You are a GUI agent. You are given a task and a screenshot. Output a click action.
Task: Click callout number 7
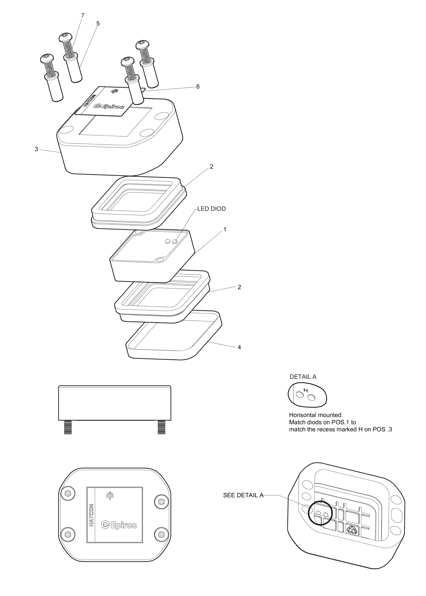pos(83,15)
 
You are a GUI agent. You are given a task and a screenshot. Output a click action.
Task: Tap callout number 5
pos(98,23)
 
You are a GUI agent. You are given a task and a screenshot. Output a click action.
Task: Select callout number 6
pos(198,86)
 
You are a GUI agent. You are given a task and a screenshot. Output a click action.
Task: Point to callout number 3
pos(36,149)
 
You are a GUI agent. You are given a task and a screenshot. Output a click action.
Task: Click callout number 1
pos(224,229)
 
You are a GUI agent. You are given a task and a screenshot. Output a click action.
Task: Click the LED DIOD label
pos(211,209)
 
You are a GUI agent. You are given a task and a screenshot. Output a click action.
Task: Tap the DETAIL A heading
pos(303,377)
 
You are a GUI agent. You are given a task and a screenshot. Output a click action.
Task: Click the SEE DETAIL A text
pos(243,495)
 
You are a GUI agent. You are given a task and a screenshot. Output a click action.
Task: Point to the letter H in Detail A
pos(305,390)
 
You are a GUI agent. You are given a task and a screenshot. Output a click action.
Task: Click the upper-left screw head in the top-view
pos(68,494)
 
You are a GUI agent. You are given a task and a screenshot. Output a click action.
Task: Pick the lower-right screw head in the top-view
pos(161,534)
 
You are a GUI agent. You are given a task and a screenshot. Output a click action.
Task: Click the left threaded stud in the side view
pos(68,427)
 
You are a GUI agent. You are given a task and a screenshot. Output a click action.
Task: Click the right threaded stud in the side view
pos(161,427)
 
